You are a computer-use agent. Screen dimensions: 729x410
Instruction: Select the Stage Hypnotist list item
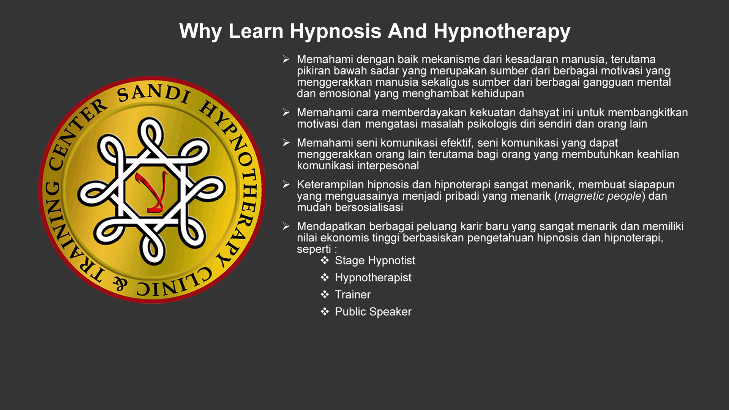[x=375, y=261]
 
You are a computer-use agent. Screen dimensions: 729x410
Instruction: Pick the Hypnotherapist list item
[x=373, y=278]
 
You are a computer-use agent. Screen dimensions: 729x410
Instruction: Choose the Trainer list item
[x=353, y=295]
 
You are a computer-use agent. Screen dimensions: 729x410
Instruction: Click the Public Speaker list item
[x=373, y=312]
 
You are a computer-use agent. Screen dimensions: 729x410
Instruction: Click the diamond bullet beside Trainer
[x=325, y=294]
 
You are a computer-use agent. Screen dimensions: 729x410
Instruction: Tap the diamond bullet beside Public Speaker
[x=325, y=311]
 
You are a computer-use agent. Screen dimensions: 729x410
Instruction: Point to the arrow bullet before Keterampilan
[x=286, y=184]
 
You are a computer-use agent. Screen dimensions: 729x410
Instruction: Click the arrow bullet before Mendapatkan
[x=286, y=226]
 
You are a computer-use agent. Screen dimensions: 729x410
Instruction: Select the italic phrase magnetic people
[x=600, y=196]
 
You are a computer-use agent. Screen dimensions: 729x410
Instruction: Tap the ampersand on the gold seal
[x=120, y=283]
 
